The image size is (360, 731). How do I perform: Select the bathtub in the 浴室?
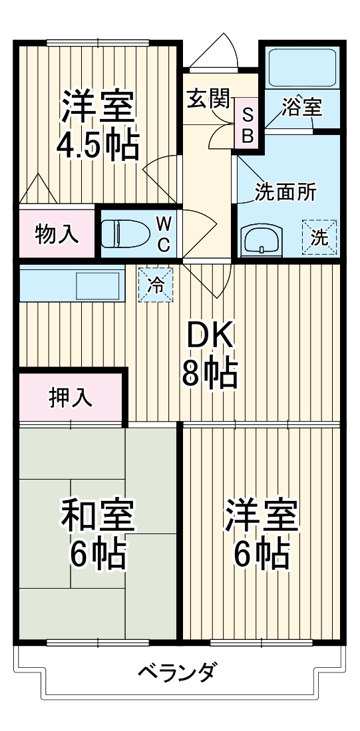pyautogui.click(x=301, y=67)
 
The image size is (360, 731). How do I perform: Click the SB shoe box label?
pyautogui.click(x=247, y=126)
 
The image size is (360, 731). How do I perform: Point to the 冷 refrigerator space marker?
pyautogui.click(x=156, y=285)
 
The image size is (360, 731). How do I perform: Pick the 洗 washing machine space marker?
pyautogui.click(x=319, y=237)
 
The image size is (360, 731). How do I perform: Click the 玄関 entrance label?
pyautogui.click(x=208, y=100)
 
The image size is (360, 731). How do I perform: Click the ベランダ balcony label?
pyautogui.click(x=177, y=672)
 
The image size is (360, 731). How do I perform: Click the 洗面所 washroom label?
pyautogui.click(x=285, y=192)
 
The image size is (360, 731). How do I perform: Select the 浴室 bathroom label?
pyautogui.click(x=301, y=108)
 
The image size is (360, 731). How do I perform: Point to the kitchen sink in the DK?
pyautogui.click(x=96, y=284)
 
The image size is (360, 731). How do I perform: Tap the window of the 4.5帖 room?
pyautogui.click(x=97, y=44)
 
